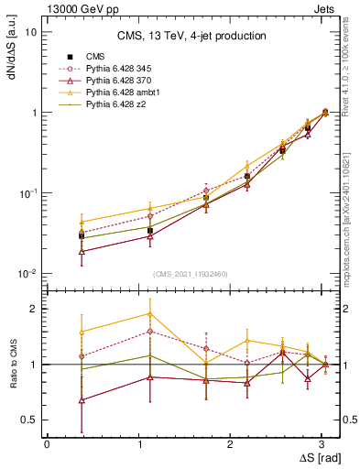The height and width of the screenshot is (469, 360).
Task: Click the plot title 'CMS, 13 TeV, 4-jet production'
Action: (x=191, y=37)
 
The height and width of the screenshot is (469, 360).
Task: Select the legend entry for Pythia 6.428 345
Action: (x=105, y=69)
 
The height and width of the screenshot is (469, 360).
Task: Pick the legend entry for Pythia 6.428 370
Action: (x=105, y=81)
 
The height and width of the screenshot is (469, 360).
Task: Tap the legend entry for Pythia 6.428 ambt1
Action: (x=107, y=93)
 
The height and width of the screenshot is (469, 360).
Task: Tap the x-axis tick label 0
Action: (x=47, y=443)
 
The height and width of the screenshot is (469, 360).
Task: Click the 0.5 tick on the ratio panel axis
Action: (x=29, y=420)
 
